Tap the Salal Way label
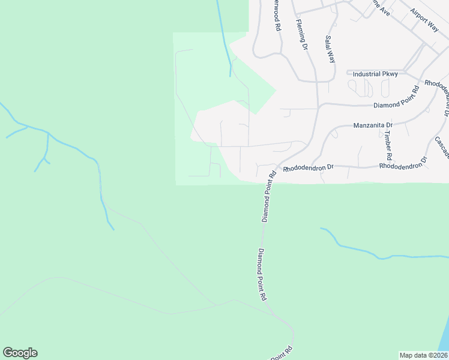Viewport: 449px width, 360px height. point(330,49)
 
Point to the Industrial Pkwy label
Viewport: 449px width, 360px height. point(375,74)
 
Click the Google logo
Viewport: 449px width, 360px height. point(20,353)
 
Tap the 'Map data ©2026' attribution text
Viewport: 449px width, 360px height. point(423,355)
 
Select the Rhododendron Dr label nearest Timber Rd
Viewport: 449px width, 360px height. point(403,164)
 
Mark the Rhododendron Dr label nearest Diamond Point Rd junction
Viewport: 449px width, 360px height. point(308,169)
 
